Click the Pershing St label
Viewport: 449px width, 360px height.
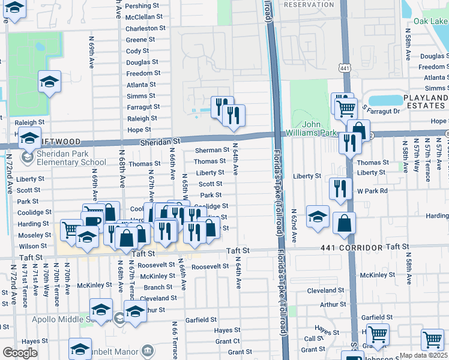point(142,5)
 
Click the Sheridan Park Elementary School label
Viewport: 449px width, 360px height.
point(64,158)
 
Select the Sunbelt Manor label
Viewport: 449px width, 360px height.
point(120,351)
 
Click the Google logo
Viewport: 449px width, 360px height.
point(20,353)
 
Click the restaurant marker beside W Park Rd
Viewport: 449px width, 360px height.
point(340,188)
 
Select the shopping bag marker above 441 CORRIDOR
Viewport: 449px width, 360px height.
point(344,224)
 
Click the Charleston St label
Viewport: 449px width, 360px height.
point(145,28)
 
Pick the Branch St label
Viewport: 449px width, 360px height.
point(158,287)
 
